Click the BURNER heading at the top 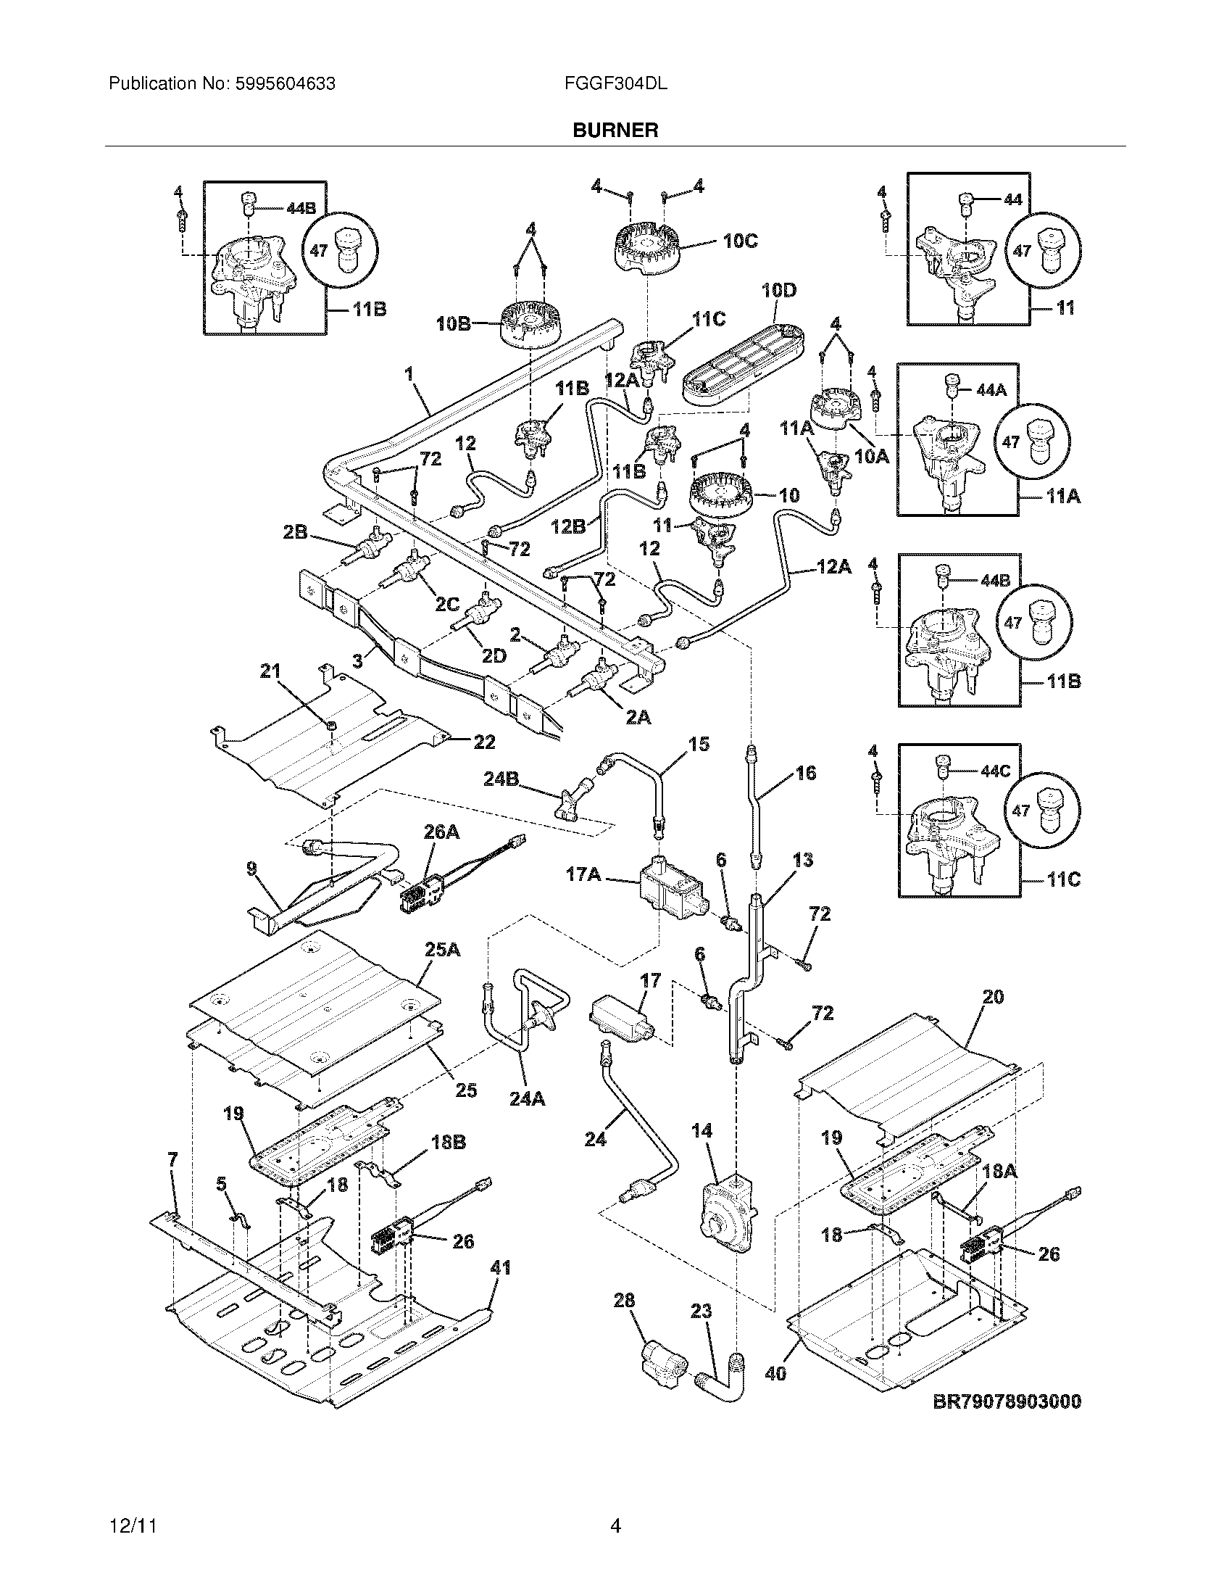[x=615, y=130]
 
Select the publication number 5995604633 [x=285, y=84]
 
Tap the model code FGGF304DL [x=615, y=84]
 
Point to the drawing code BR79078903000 [x=1007, y=1401]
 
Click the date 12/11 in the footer [x=133, y=1526]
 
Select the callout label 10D [x=779, y=291]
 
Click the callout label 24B [x=501, y=779]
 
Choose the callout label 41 [x=500, y=1268]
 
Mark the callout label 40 [x=775, y=1374]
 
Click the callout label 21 [x=270, y=671]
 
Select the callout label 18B [x=448, y=1142]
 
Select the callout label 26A [x=441, y=831]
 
